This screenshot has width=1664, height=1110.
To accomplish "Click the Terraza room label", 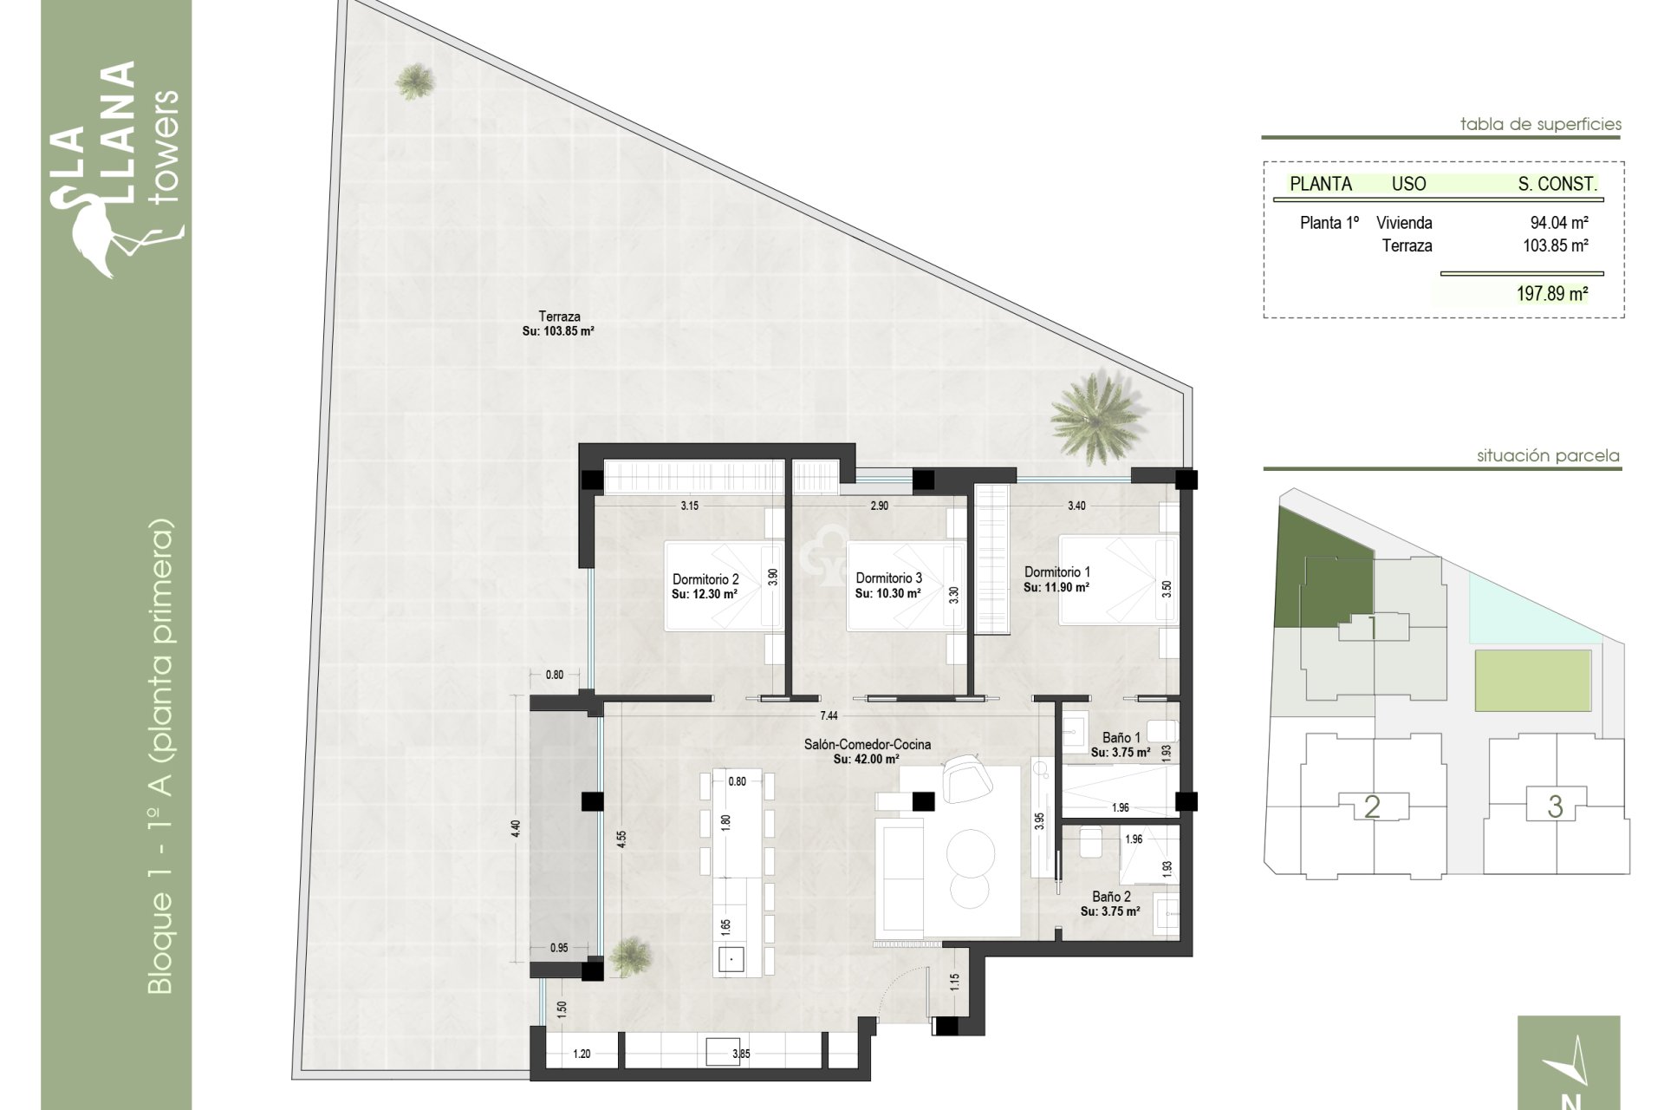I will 559,317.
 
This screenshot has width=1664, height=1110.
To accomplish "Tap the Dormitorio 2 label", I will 705,579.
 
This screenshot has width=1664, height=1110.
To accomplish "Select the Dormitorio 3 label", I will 888,578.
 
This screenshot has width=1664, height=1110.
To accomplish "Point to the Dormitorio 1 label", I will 1056,572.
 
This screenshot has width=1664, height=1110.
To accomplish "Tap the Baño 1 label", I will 1121,737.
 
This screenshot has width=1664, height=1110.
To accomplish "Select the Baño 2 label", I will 1110,897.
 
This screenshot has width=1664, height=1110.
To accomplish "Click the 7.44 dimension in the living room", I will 829,715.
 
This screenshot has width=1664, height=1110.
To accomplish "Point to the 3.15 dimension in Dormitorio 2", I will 689,506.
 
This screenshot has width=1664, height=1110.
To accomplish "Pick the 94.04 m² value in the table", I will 1558,223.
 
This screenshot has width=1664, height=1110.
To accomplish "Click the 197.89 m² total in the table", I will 1551,294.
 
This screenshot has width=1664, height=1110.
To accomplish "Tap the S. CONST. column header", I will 1557,184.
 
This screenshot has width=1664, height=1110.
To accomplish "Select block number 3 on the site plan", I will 1555,806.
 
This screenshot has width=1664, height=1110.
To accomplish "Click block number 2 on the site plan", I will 1372,806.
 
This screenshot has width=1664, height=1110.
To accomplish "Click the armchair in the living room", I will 968,778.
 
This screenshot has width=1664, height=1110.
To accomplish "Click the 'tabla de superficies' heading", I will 1540,124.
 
